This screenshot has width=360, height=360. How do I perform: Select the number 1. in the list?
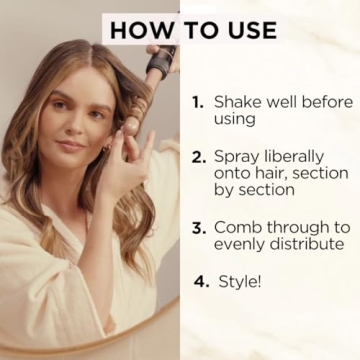[x=197, y=101]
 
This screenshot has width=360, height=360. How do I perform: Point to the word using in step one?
[x=237, y=120]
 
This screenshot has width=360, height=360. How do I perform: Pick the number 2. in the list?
[x=197, y=157]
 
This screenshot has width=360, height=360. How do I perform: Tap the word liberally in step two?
[x=295, y=157]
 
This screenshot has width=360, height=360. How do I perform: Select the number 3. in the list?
[x=197, y=226]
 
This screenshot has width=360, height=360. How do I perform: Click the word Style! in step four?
[x=240, y=282]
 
